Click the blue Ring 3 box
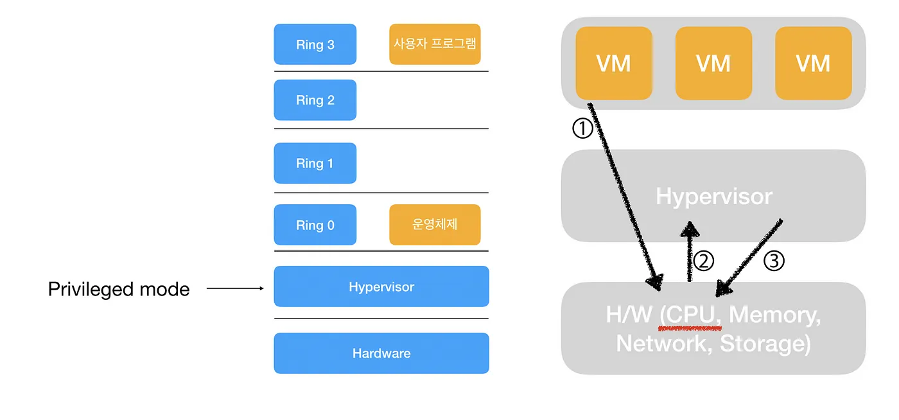pos(315,44)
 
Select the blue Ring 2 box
pos(315,100)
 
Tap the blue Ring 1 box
pos(315,163)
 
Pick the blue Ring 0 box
pos(315,225)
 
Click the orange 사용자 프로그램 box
pos(435,44)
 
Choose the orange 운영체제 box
pos(435,225)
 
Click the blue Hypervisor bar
pos(381,286)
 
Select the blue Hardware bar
pos(381,353)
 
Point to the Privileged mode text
pos(119,290)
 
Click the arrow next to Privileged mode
pos(235,289)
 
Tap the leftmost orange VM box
pos(614,63)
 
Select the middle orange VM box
pos(713,63)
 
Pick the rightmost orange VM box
pos(813,63)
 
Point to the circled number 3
pos(774,261)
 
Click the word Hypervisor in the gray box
pos(713,196)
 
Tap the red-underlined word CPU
pos(694,315)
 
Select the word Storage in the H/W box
pos(762,343)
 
